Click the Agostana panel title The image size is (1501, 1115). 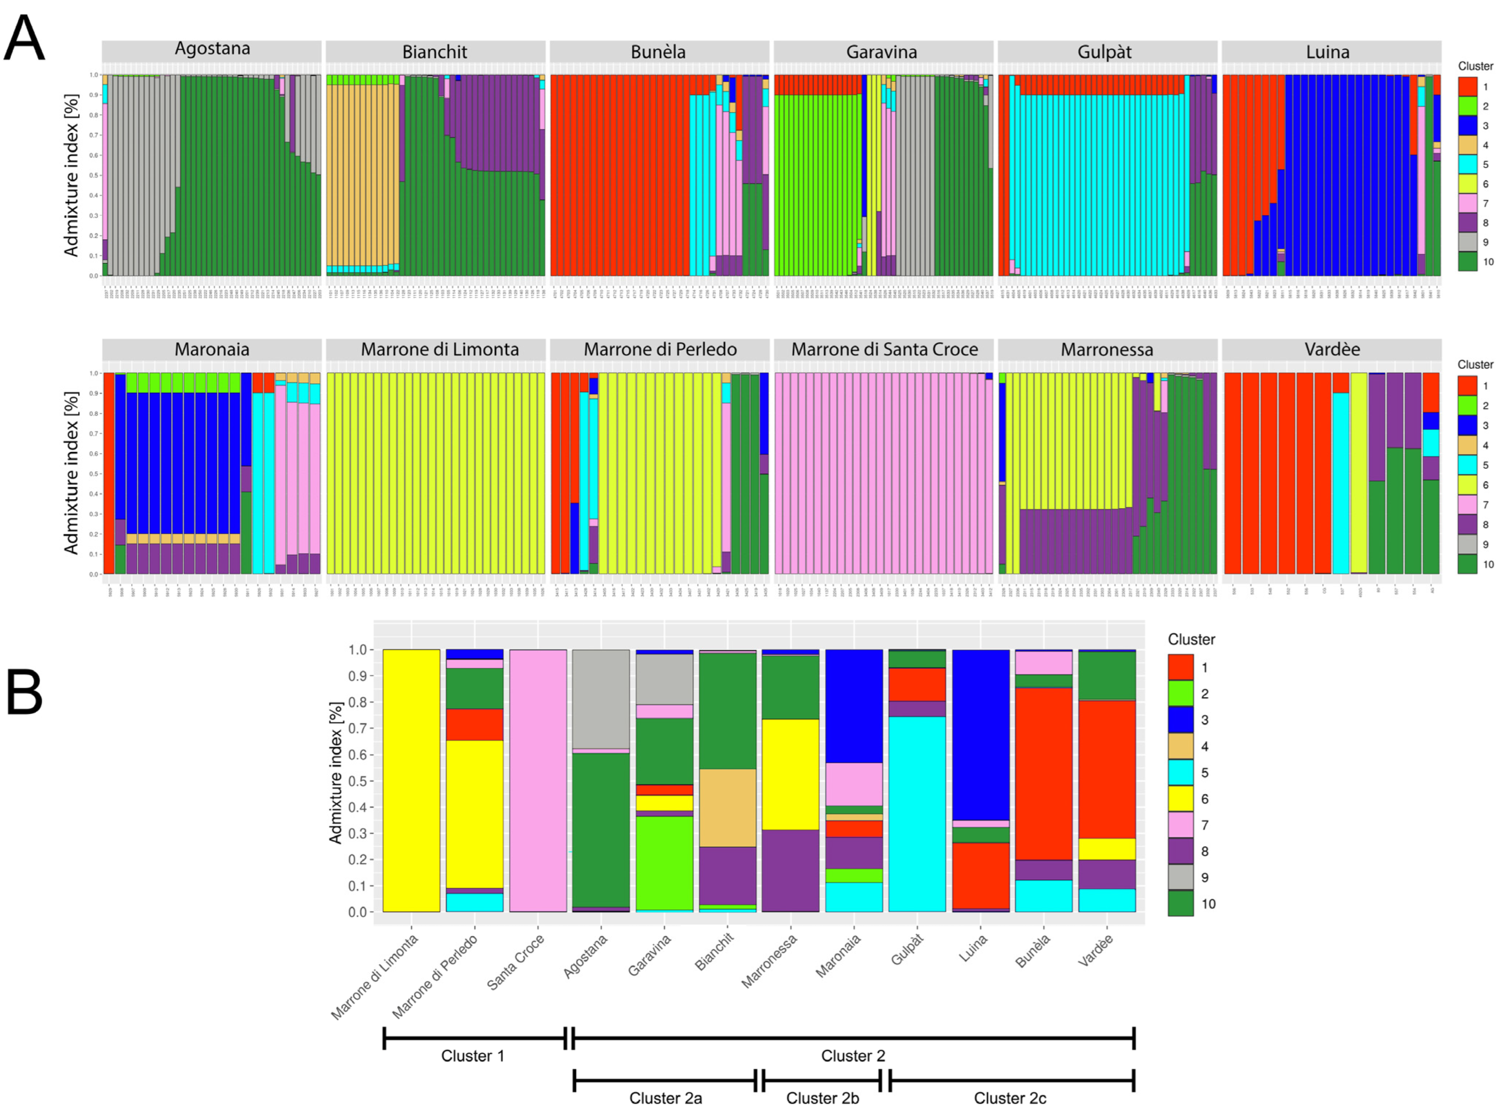pos(212,49)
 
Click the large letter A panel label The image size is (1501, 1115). pos(24,39)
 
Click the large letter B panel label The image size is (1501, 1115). pos(24,693)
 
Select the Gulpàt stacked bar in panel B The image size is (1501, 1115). pos(916,810)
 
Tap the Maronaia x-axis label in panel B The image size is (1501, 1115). pos(839,956)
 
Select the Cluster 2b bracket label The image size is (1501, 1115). pos(822,1098)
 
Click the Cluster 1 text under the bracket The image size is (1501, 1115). pos(472,1056)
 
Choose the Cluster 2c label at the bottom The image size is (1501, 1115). pos(1010,1098)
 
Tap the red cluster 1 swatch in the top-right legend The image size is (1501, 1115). pos(1467,86)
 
